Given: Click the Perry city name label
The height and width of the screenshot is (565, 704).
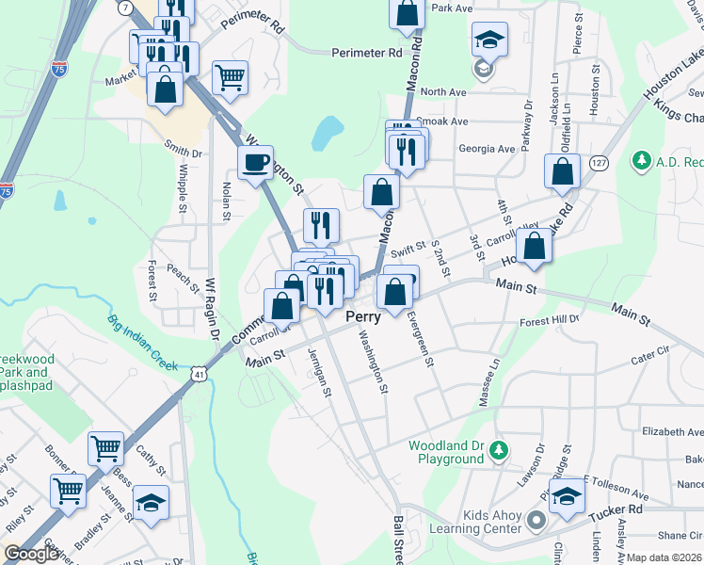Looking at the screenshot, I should tap(362, 317).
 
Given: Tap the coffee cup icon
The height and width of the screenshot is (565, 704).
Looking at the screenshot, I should tap(255, 165).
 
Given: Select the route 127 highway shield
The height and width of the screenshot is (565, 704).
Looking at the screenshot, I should tap(598, 162).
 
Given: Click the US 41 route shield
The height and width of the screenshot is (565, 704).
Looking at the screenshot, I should tap(197, 375).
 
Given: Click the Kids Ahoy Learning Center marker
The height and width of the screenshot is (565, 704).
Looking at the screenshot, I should tap(536, 521).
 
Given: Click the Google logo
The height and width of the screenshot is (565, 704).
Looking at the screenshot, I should tap(32, 554).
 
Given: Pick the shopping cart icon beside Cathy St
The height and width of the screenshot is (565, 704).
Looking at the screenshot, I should tap(105, 448).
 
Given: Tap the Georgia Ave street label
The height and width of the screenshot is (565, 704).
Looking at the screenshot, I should tap(487, 149).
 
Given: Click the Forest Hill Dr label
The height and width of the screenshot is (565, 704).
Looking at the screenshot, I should tap(550, 320).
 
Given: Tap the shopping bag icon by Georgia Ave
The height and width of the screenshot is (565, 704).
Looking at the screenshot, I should tap(562, 172).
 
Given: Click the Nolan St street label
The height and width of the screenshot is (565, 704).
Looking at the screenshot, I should tap(227, 202).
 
